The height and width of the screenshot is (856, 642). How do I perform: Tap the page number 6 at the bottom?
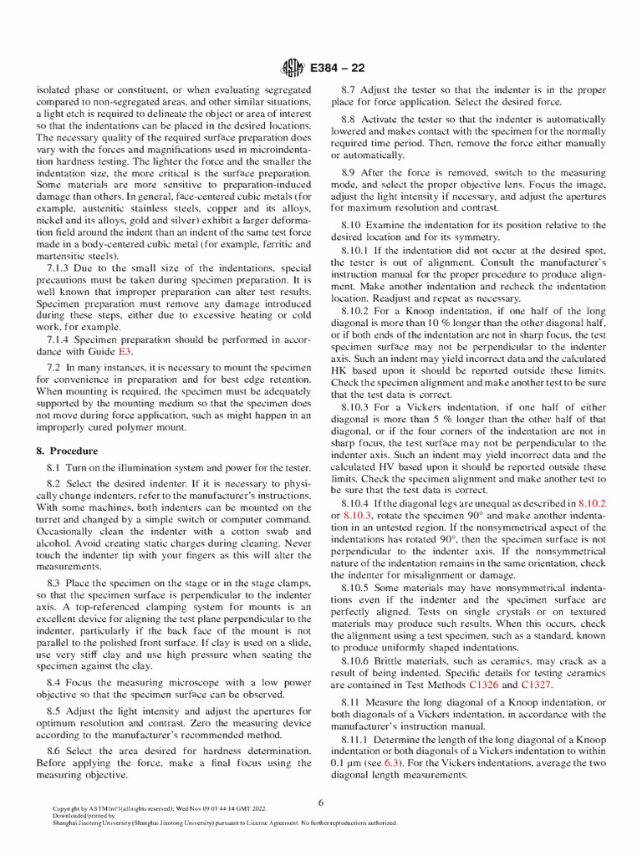pyautogui.click(x=320, y=802)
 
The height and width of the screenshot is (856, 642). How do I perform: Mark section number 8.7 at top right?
pyautogui.click(x=351, y=89)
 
